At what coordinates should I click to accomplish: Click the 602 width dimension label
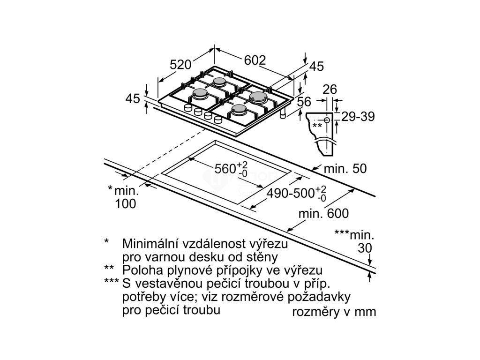(x=255, y=60)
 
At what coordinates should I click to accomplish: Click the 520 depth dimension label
(x=181, y=65)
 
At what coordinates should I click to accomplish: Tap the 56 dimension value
(x=304, y=101)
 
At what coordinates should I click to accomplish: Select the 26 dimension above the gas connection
(x=330, y=89)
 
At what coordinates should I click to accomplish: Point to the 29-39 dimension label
(x=358, y=117)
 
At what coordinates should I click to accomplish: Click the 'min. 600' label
(x=323, y=214)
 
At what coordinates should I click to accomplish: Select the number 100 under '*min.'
(x=125, y=203)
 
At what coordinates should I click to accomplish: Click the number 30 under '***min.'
(x=364, y=248)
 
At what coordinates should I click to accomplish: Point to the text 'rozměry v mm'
(x=334, y=312)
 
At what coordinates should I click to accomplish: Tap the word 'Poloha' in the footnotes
(x=140, y=270)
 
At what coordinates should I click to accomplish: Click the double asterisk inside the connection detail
(x=317, y=125)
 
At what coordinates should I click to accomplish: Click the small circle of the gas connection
(x=327, y=120)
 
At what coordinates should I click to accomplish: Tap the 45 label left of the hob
(x=133, y=98)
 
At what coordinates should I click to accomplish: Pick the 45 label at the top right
(x=316, y=67)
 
